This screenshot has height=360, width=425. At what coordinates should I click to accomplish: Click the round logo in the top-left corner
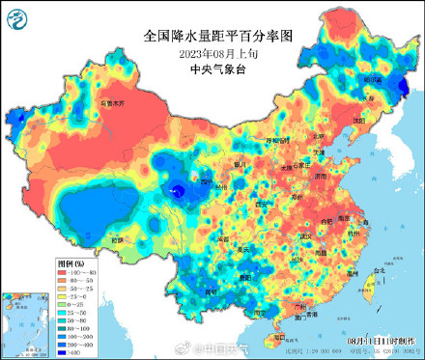point(16,16)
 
